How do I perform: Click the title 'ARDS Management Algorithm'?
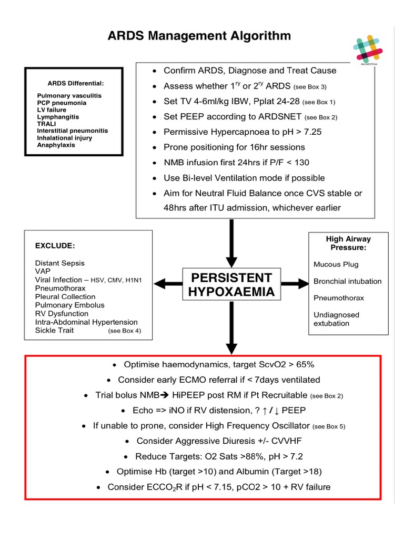(199, 36)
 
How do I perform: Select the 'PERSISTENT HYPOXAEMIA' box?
(231, 284)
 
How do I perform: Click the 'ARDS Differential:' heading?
(76, 83)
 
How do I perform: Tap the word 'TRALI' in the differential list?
(47, 123)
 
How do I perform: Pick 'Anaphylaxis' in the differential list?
(56, 145)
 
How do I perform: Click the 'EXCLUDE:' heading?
(55, 245)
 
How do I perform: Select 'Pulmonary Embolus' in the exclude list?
(69, 305)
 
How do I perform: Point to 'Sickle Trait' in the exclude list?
(54, 330)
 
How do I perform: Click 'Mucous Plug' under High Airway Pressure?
(336, 264)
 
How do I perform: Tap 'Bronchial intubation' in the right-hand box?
(347, 281)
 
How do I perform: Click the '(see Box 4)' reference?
(124, 331)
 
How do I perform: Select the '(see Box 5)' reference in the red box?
(329, 426)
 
